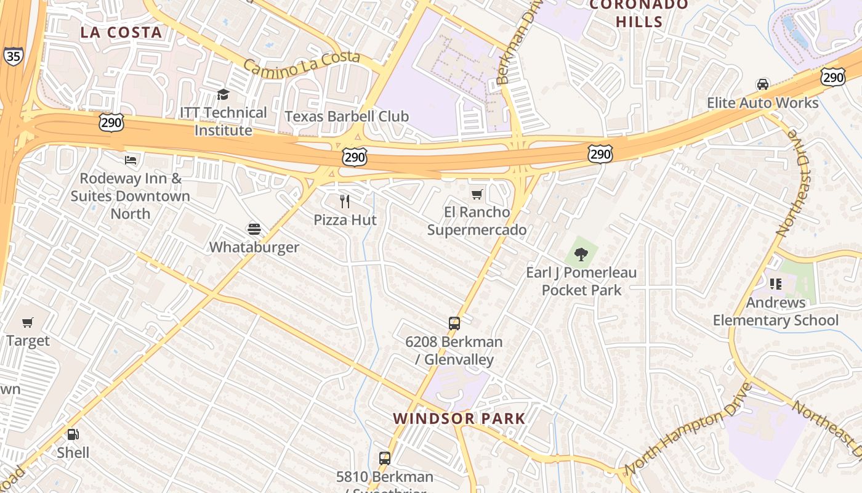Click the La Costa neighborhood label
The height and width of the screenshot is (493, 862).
[x=121, y=33]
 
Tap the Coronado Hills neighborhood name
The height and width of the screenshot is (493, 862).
[x=639, y=13]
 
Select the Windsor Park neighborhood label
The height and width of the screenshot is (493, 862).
[x=459, y=418]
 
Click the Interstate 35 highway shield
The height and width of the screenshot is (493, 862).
[x=12, y=56]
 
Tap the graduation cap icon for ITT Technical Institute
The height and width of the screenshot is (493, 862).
[x=223, y=94]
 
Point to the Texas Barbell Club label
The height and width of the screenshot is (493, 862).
[x=347, y=116]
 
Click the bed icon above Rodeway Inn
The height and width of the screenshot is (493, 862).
[x=131, y=160]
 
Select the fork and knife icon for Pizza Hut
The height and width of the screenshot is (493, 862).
[x=345, y=201]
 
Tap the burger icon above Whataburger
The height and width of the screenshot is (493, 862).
[x=254, y=229]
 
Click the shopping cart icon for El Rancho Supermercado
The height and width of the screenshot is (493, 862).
[x=477, y=195]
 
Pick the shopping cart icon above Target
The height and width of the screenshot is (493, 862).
[x=28, y=322]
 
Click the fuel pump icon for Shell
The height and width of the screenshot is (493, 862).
[x=73, y=434]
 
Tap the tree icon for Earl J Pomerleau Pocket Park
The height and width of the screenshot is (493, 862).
[x=581, y=254]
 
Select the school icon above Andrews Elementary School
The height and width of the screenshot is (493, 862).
[x=775, y=284]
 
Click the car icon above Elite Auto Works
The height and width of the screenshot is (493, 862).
[x=762, y=84]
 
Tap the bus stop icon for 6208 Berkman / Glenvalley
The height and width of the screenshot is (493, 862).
[x=454, y=323]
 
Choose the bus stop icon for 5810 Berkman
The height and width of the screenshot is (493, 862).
[x=385, y=458]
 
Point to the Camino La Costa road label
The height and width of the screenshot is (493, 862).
[x=301, y=64]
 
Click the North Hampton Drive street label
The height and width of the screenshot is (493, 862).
[x=688, y=430]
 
